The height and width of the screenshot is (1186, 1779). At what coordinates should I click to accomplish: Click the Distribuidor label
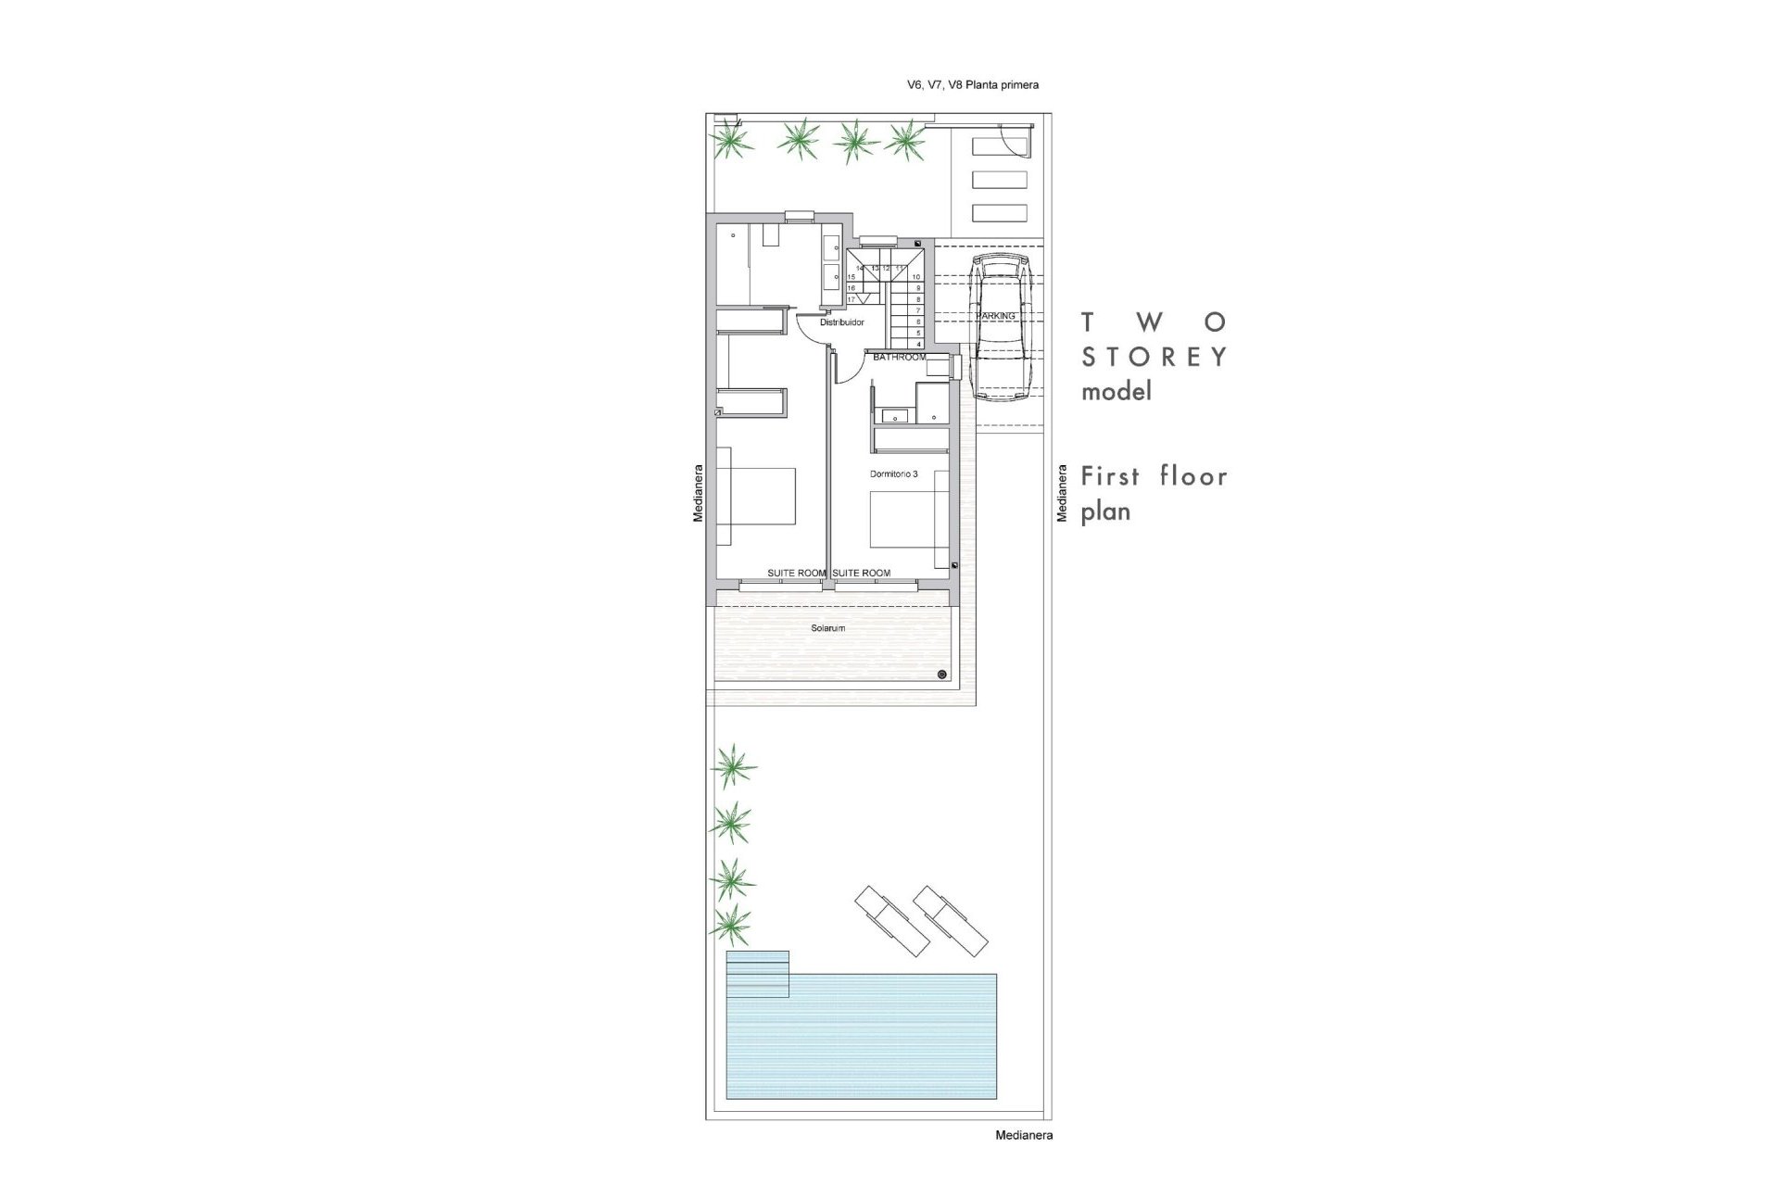(842, 322)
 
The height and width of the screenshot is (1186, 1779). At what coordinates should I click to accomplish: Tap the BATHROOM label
(899, 357)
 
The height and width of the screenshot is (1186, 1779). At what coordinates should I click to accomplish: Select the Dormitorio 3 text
(893, 473)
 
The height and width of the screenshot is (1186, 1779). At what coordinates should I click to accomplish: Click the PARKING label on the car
(995, 316)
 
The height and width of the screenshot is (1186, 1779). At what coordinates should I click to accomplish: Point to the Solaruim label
(827, 628)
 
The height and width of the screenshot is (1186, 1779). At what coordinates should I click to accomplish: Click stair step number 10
(916, 277)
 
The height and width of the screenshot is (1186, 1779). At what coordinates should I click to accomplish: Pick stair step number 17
(852, 299)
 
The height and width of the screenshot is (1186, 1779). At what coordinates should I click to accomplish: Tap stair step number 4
(917, 344)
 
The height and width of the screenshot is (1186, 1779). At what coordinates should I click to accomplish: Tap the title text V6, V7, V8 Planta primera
(972, 85)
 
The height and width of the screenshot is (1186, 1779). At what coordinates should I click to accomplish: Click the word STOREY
(1154, 357)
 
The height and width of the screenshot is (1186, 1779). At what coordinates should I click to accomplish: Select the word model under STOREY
(1117, 391)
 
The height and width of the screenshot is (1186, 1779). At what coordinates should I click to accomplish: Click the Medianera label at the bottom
(1024, 1135)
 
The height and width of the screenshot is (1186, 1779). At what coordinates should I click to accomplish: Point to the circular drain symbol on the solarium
(942, 675)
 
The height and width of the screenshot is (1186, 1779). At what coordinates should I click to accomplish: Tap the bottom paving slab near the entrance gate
(999, 213)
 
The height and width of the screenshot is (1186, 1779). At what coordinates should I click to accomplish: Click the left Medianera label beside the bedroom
(699, 494)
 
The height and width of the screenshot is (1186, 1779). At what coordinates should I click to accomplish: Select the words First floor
(1154, 477)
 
